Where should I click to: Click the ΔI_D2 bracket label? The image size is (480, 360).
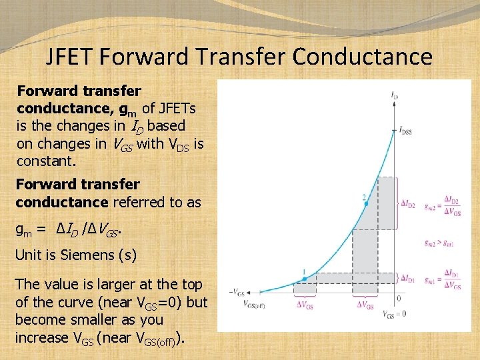(x=407, y=205)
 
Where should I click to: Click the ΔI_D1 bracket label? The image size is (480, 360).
(x=407, y=277)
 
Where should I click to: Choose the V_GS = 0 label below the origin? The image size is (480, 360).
(x=395, y=313)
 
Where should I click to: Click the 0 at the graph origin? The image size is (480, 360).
(x=399, y=298)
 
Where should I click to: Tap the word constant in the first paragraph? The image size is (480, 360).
(x=45, y=161)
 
